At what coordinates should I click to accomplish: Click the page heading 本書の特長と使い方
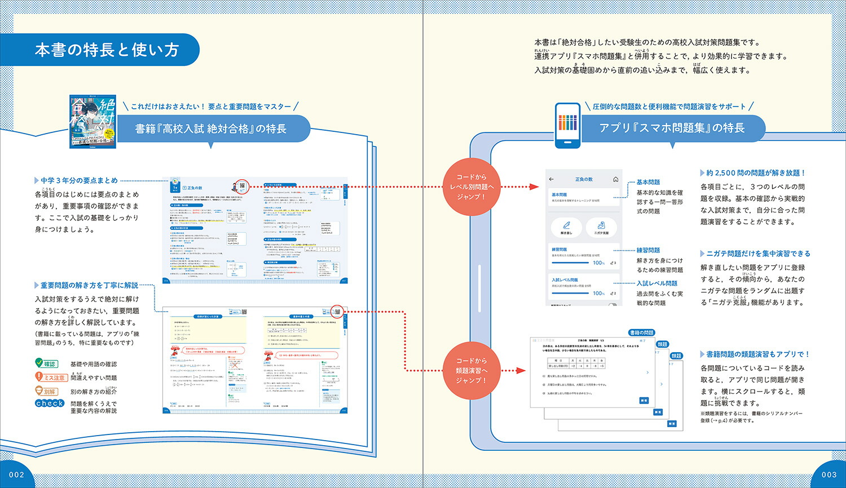[x=107, y=50]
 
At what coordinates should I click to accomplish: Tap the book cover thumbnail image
[x=92, y=121]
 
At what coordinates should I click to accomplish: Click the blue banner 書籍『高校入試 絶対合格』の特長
[x=211, y=129]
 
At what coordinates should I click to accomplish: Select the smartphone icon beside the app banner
[x=568, y=126]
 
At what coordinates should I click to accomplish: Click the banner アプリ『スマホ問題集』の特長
[x=672, y=128]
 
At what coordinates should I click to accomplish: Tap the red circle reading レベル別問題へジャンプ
[x=472, y=187]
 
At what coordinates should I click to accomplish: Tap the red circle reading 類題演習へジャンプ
[x=472, y=370]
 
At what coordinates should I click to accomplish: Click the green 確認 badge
[x=46, y=364]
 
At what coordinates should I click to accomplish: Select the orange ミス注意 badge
[x=51, y=378]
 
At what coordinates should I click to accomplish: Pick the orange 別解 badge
[x=46, y=391]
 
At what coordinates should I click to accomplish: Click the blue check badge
[x=50, y=403]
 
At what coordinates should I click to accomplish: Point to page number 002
[x=17, y=474]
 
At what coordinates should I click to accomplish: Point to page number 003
[x=829, y=474]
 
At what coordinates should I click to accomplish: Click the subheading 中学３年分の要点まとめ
[x=79, y=181]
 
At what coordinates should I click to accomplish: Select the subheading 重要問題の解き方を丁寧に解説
[x=89, y=285]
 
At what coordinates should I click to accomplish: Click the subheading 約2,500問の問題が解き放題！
[x=756, y=173]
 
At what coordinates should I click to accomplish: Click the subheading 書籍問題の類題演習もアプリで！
[x=757, y=354]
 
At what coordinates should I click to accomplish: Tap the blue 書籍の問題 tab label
[x=641, y=333]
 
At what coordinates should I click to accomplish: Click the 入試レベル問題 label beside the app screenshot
[x=657, y=283]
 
